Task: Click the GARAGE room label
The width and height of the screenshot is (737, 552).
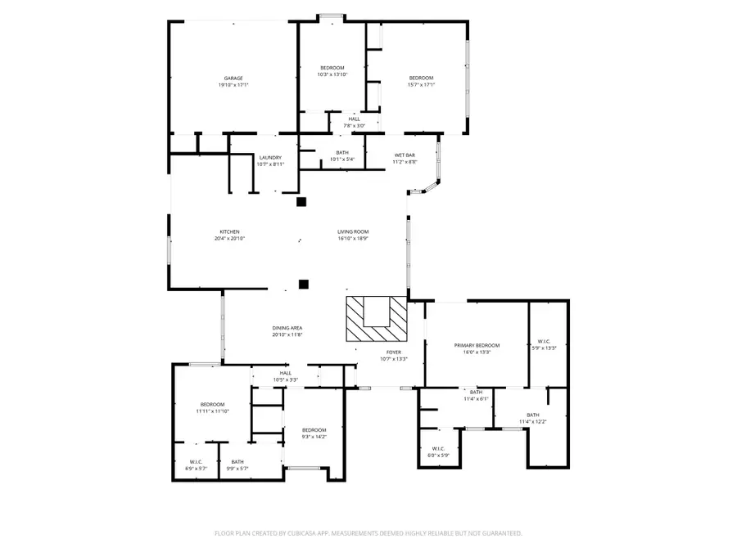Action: (x=233, y=79)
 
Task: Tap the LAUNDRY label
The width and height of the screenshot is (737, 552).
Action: (x=270, y=158)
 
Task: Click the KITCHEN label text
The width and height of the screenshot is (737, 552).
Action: (x=229, y=231)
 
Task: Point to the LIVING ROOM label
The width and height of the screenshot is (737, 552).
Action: (x=353, y=231)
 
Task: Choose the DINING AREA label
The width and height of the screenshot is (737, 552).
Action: (x=287, y=328)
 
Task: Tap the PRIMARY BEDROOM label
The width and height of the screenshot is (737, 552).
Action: (x=477, y=346)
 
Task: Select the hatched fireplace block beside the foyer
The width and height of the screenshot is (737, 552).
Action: (x=376, y=319)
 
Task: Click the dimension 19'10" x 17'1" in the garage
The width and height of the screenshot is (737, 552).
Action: (x=233, y=85)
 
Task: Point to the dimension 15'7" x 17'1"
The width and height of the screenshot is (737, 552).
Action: (x=422, y=85)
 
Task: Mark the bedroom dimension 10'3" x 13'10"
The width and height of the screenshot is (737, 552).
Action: (x=332, y=74)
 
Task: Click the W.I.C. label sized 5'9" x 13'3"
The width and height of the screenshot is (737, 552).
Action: (x=545, y=341)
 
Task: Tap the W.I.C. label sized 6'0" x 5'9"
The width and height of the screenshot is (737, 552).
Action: (x=438, y=448)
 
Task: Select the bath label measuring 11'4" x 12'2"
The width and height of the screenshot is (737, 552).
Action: (x=533, y=415)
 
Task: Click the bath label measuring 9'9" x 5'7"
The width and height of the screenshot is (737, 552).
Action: (x=237, y=462)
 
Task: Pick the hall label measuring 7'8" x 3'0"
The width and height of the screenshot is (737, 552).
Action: (x=354, y=119)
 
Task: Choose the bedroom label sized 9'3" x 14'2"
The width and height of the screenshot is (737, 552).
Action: (x=314, y=430)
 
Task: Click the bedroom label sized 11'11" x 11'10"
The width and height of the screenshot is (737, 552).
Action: (x=213, y=405)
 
